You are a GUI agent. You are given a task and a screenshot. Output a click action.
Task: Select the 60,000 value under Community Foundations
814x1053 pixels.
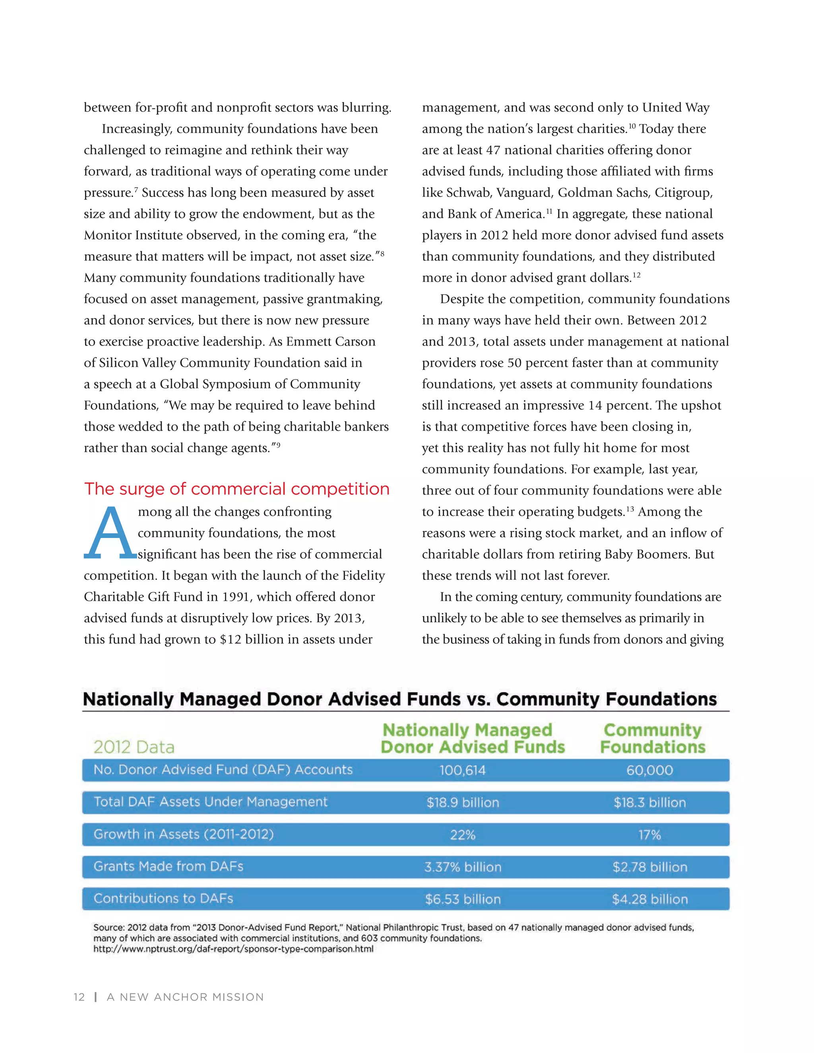pyautogui.click(x=649, y=770)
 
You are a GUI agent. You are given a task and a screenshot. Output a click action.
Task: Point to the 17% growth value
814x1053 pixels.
pyautogui.click(x=649, y=834)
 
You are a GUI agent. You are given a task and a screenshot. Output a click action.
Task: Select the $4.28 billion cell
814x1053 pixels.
pyautogui.click(x=649, y=899)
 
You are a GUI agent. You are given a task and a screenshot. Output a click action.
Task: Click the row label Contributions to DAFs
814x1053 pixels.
pyautogui.click(x=163, y=898)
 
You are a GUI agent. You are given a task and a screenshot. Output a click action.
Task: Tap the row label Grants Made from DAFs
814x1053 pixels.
pyautogui.click(x=168, y=866)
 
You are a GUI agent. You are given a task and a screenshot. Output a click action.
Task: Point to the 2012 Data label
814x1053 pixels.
pyautogui.click(x=134, y=747)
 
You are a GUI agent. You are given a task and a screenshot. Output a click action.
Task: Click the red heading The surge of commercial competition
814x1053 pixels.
pyautogui.click(x=236, y=489)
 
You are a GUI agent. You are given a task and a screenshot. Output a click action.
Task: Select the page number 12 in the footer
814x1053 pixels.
pyautogui.click(x=79, y=997)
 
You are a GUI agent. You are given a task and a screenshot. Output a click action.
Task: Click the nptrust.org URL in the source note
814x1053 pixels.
pyautogui.click(x=233, y=949)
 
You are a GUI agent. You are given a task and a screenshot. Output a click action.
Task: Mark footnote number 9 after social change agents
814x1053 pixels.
pyautogui.click(x=278, y=445)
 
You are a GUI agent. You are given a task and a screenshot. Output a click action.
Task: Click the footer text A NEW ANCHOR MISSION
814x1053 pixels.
pyautogui.click(x=185, y=997)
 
